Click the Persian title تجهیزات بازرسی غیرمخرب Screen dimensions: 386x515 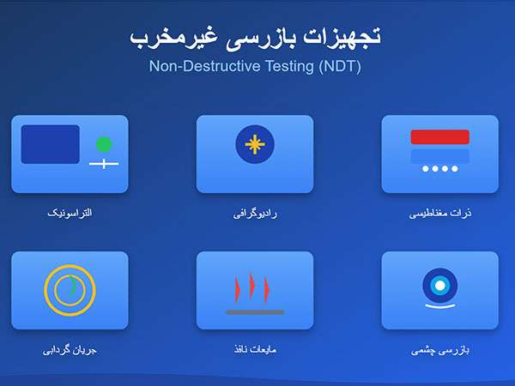point(255,37)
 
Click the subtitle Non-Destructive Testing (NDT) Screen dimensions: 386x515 point(255,66)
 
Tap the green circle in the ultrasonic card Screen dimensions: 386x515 point(104,144)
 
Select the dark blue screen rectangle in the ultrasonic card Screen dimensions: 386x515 point(50,144)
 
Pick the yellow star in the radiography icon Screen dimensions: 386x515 point(254,143)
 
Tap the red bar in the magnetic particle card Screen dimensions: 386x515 point(439,137)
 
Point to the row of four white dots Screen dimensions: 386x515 point(439,168)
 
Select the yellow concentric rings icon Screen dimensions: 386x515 point(70,290)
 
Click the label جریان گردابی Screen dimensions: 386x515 point(70,350)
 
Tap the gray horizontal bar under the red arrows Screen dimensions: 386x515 point(254,312)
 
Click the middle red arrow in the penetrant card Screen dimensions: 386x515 point(252,286)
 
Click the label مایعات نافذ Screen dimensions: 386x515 point(255,350)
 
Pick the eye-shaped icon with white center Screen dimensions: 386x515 point(439,285)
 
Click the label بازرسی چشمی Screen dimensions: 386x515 point(440,350)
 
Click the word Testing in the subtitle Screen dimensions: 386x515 point(289,66)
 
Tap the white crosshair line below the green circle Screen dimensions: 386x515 point(104,163)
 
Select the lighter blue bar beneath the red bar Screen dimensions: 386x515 point(439,155)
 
